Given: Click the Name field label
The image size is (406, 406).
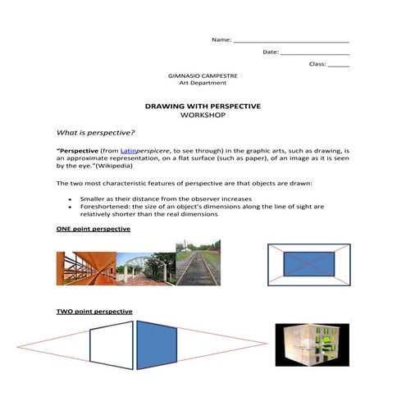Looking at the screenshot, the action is pyautogui.click(x=221, y=39).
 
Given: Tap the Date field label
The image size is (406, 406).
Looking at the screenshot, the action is pyautogui.click(x=271, y=52).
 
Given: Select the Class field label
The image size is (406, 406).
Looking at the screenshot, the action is pyautogui.click(x=317, y=64).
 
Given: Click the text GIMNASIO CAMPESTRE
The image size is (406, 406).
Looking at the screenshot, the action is pyautogui.click(x=203, y=75).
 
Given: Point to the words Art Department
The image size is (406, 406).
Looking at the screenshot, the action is pyautogui.click(x=203, y=83).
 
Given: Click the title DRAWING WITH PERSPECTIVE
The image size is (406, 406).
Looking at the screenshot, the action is pyautogui.click(x=202, y=107).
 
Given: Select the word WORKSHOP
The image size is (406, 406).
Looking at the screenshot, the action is pyautogui.click(x=202, y=116).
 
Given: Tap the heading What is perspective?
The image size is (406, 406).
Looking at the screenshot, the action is pyautogui.click(x=95, y=131).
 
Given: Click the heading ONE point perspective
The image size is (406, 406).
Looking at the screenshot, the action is pyautogui.click(x=93, y=229).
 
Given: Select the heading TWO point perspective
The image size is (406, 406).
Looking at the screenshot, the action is pyautogui.click(x=94, y=312).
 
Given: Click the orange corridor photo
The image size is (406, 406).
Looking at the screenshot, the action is pyautogui.click(x=85, y=268).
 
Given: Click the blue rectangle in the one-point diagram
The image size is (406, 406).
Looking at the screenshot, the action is pyautogui.click(x=309, y=264).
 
